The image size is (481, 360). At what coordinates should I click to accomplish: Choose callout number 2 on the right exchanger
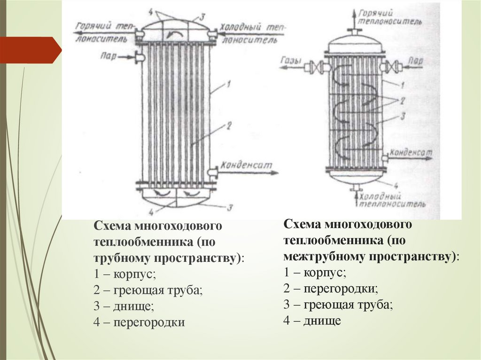click(x=402, y=100)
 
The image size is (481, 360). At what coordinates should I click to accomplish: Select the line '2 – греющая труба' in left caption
click(x=148, y=291)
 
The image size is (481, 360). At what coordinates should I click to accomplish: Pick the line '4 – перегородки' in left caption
click(x=139, y=322)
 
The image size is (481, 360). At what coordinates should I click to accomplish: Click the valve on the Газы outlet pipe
click(x=320, y=67)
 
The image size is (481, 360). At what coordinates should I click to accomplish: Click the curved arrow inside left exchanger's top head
click(x=168, y=33)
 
